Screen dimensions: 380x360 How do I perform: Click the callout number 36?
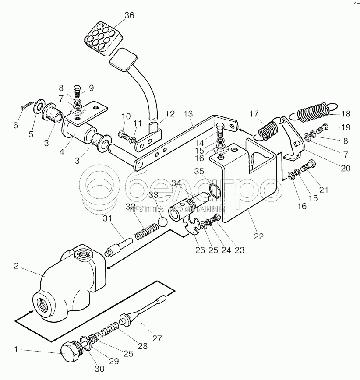click(x=129, y=16)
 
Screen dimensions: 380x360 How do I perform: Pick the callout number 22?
click(x=259, y=237)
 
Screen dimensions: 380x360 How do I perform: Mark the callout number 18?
click(x=346, y=114)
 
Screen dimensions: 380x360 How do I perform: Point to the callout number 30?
click(x=100, y=369)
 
